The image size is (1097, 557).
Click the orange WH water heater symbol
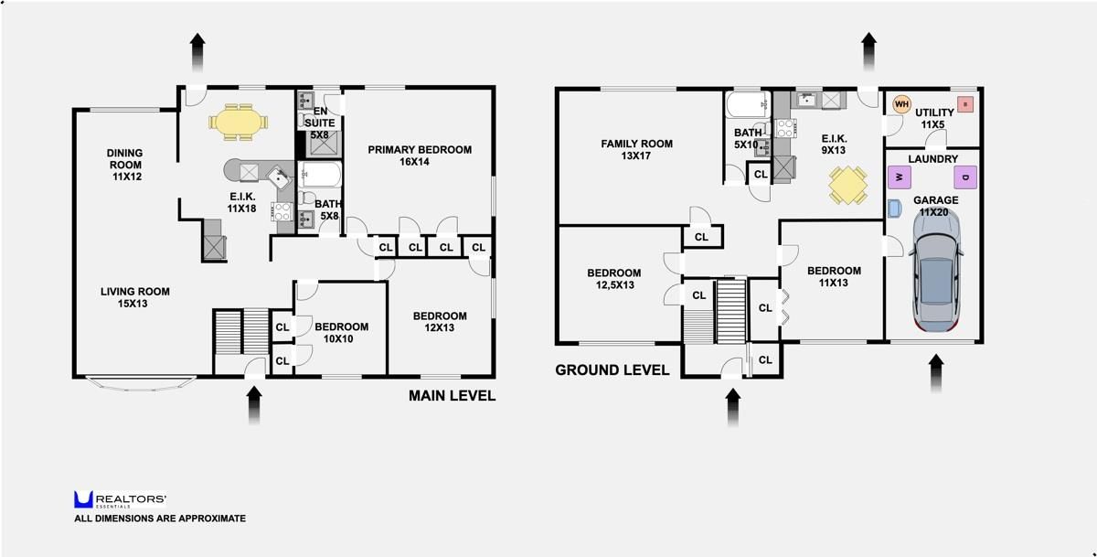coord(901,104)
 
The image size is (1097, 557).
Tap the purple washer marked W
coord(900,177)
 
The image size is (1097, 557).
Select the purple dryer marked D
coord(965,177)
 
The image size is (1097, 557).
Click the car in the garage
coord(936,271)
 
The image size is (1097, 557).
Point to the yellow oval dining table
coord(239,122)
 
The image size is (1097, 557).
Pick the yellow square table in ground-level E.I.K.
coord(847,185)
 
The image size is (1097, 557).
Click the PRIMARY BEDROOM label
coord(420,155)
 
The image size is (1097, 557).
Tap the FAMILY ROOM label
coord(636,149)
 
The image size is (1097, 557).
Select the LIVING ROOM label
coord(134,297)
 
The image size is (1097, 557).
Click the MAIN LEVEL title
coord(452,395)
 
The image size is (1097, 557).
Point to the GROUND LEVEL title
coord(612,370)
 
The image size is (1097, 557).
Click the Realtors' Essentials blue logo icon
coord(83,499)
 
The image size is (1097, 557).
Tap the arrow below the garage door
coord(936,374)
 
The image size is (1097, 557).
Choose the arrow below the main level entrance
coord(254,405)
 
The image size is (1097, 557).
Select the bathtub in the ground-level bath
coord(748,104)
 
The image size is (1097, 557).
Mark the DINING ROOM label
coord(125,165)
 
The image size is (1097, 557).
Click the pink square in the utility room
coord(965,104)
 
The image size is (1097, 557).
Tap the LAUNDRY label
coord(933,159)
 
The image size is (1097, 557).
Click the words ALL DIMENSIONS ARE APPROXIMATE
coord(160,519)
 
